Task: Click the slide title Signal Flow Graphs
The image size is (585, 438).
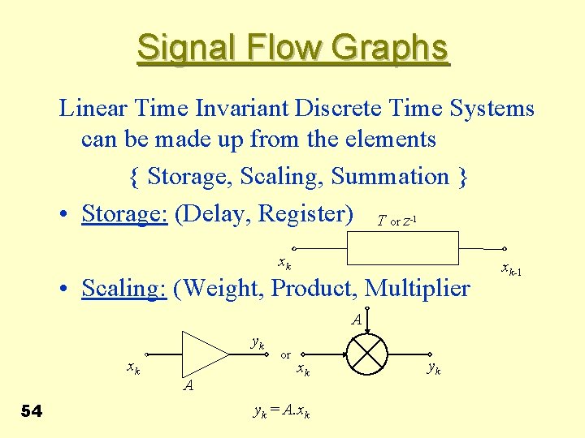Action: pos(292,48)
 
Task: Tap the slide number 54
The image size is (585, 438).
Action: pos(32,411)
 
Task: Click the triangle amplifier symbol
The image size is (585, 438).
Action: pos(206,351)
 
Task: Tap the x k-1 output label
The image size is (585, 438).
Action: pos(511,269)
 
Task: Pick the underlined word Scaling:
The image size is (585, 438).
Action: pos(124,288)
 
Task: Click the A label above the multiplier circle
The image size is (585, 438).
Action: pos(357,320)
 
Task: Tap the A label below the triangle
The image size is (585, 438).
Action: pos(188,385)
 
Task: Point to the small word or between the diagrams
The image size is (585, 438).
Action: pos(285,354)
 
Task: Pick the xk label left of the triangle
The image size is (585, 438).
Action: pos(133,367)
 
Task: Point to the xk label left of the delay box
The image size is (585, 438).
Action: pos(284,263)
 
